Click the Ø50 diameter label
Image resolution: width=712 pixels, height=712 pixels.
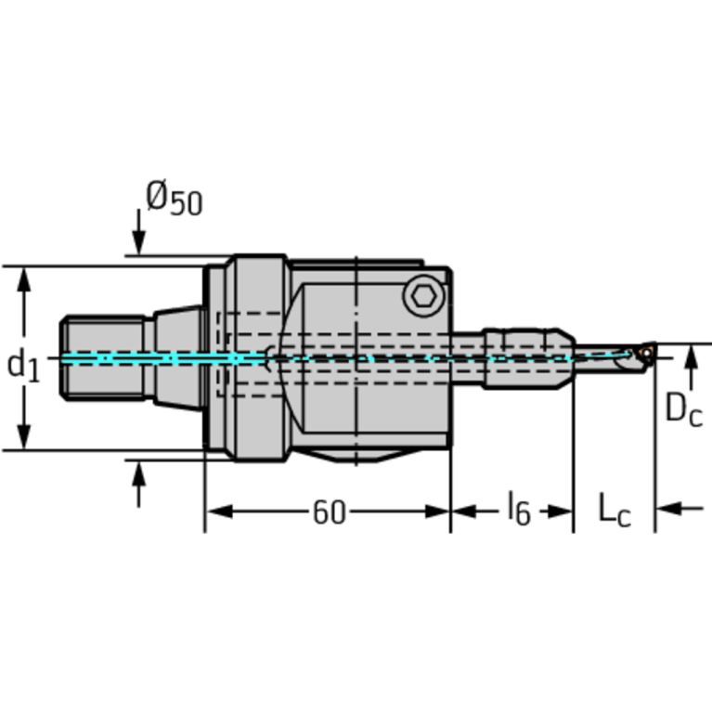(x=174, y=199)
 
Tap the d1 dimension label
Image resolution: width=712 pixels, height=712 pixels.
(x=24, y=364)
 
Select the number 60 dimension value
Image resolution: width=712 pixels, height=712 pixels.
(x=328, y=511)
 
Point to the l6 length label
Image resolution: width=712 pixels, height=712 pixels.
(x=518, y=510)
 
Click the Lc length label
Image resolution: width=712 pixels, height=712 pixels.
(x=613, y=510)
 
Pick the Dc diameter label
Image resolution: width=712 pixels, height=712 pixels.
(x=683, y=408)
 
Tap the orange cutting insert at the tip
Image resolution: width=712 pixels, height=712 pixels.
(x=643, y=353)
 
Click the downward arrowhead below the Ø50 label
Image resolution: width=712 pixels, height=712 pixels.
(x=138, y=242)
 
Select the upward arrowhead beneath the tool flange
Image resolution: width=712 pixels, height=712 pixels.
(x=138, y=473)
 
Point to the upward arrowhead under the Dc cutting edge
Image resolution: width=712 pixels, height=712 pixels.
(x=690, y=356)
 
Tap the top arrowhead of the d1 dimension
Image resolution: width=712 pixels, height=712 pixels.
(x=25, y=278)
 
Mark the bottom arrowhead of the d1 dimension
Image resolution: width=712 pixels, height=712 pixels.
(x=25, y=438)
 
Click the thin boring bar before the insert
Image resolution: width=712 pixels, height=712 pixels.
(x=603, y=358)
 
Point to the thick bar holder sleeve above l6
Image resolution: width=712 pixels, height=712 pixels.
(x=524, y=357)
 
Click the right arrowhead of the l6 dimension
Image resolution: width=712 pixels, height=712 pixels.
(x=562, y=510)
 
